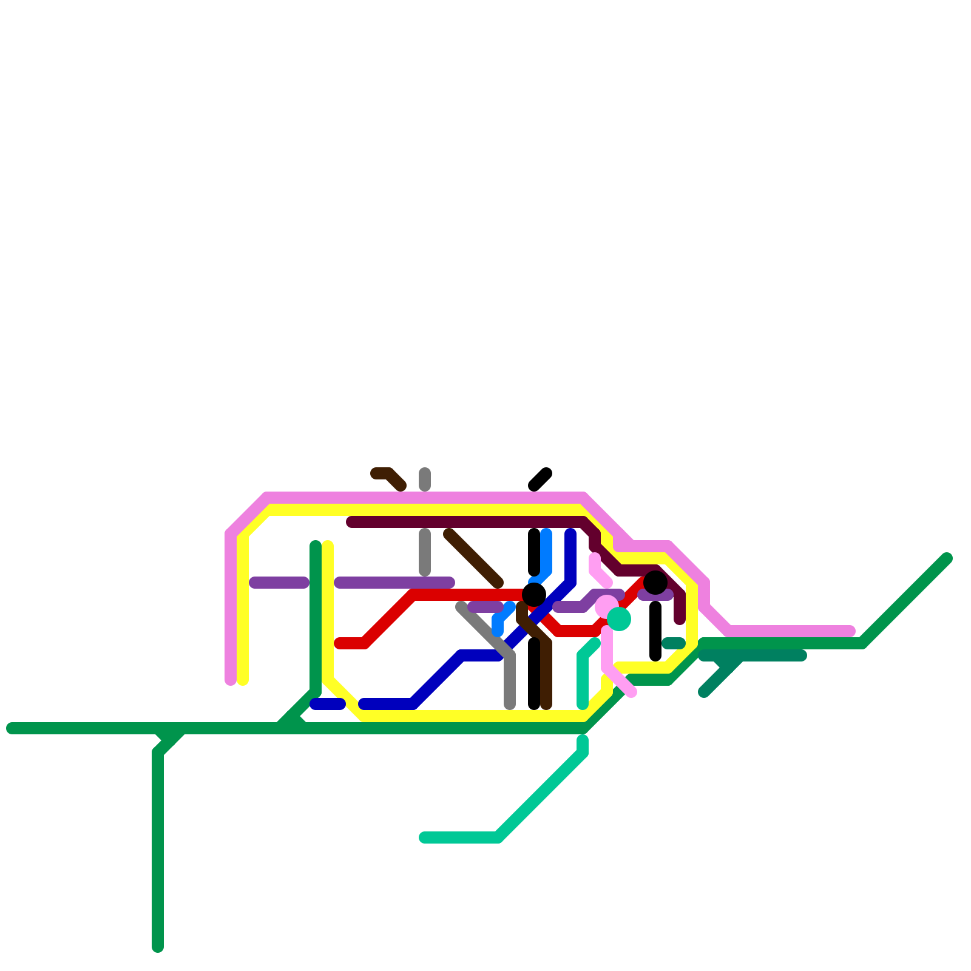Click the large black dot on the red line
tap(534, 595)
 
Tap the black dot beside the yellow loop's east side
tap(655, 583)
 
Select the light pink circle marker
tap(606, 606)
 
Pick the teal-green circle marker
tap(619, 619)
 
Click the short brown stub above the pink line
tap(389, 478)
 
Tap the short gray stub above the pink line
tap(425, 479)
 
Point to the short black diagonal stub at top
tap(540, 479)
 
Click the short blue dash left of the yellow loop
tap(328, 704)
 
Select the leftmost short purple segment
tap(279, 583)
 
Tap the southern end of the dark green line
tap(158, 947)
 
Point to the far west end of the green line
tap(11, 728)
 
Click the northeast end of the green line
tap(947, 558)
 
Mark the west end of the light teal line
tap(424, 838)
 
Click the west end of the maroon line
tap(351, 522)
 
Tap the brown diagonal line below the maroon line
tap(473, 558)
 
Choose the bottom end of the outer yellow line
tap(243, 680)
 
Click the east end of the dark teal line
tap(802, 655)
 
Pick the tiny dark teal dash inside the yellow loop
tap(674, 643)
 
